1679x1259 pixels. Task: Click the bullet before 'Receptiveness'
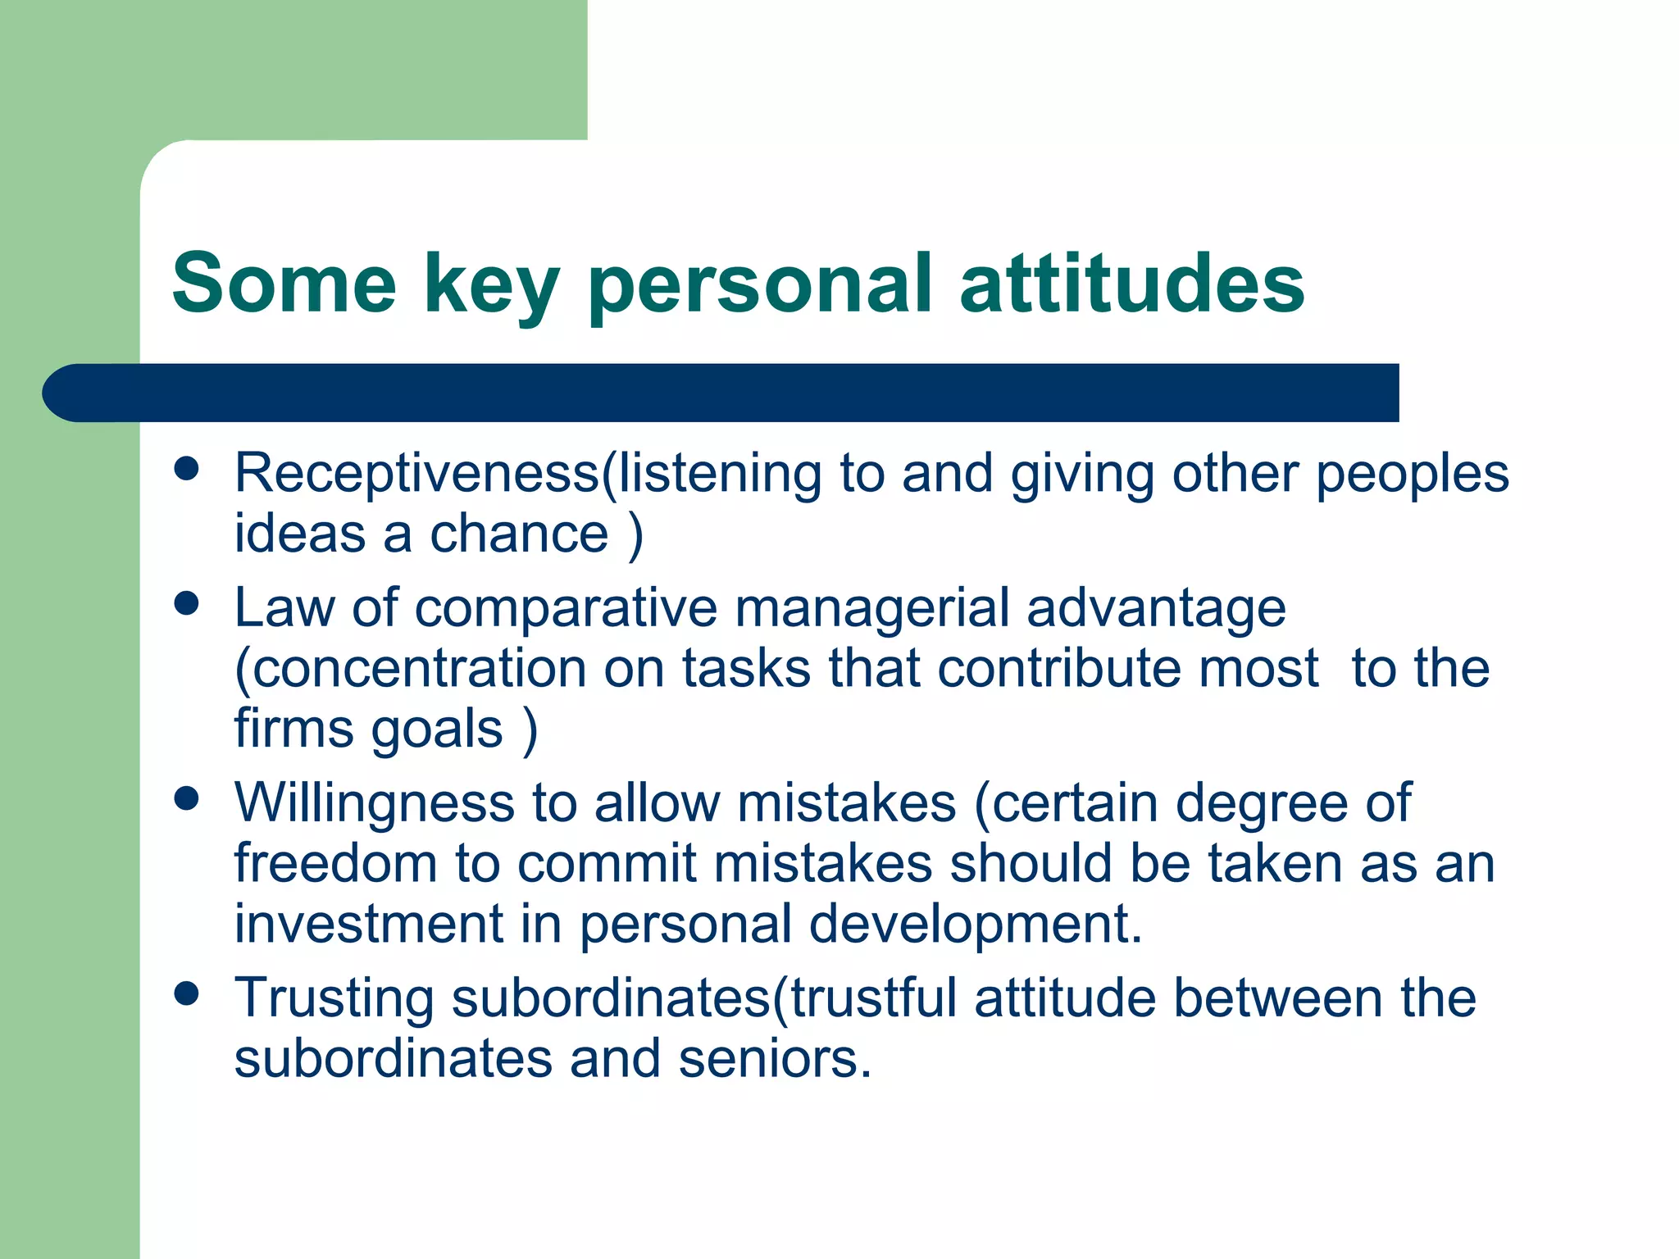187,469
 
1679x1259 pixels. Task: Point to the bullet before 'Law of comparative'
187,604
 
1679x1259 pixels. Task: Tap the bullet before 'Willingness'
187,798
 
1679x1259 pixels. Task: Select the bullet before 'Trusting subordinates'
187,993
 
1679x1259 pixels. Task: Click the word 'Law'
284,608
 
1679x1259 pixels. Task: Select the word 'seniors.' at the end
775,1058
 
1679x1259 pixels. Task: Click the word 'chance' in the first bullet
520,534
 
